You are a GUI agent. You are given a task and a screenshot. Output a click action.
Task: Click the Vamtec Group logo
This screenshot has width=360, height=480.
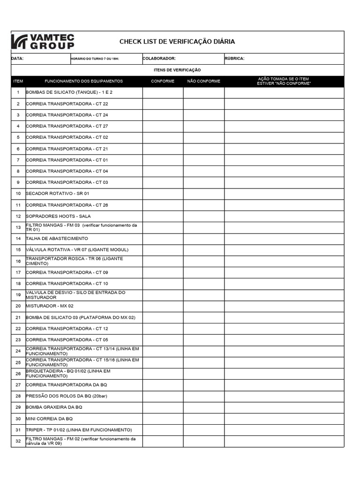[x=43, y=42]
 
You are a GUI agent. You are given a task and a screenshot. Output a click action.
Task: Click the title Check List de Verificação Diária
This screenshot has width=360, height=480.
[x=177, y=42]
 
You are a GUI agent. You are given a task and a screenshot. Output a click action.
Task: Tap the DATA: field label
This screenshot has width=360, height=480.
[x=17, y=59]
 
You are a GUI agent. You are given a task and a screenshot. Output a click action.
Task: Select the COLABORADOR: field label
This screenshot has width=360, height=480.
[x=159, y=59]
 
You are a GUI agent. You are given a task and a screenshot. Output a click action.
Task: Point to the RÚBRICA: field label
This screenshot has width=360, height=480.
[x=234, y=59]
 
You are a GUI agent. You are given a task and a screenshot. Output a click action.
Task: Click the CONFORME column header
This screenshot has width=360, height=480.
[x=163, y=81]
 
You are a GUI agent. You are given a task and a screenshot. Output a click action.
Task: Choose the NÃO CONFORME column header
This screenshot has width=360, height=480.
[x=203, y=81]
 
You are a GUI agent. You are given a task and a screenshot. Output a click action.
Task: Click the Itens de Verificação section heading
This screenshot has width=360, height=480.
[x=177, y=70]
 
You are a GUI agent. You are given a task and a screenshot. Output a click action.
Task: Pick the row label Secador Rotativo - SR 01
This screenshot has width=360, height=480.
[x=57, y=194]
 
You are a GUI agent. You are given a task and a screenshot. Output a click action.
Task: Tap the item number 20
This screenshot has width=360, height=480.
[x=18, y=306]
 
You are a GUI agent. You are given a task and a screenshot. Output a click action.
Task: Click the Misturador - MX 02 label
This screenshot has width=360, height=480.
[x=50, y=306]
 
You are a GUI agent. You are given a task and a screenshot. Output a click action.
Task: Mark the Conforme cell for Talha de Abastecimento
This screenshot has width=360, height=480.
[x=163, y=239]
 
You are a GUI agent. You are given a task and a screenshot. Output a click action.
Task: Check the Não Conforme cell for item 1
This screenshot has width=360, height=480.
[x=203, y=92]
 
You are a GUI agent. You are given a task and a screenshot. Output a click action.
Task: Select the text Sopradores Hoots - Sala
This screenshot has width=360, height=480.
[x=58, y=216]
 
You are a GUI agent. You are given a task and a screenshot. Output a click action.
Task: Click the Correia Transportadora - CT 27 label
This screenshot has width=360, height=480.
[x=67, y=126]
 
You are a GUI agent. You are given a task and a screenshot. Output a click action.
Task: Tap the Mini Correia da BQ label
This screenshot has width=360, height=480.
[x=49, y=419]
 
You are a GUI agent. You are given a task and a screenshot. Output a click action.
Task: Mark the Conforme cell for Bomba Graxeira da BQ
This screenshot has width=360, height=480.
[x=163, y=407]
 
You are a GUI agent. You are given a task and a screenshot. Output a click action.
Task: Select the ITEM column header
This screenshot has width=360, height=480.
[x=18, y=81]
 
